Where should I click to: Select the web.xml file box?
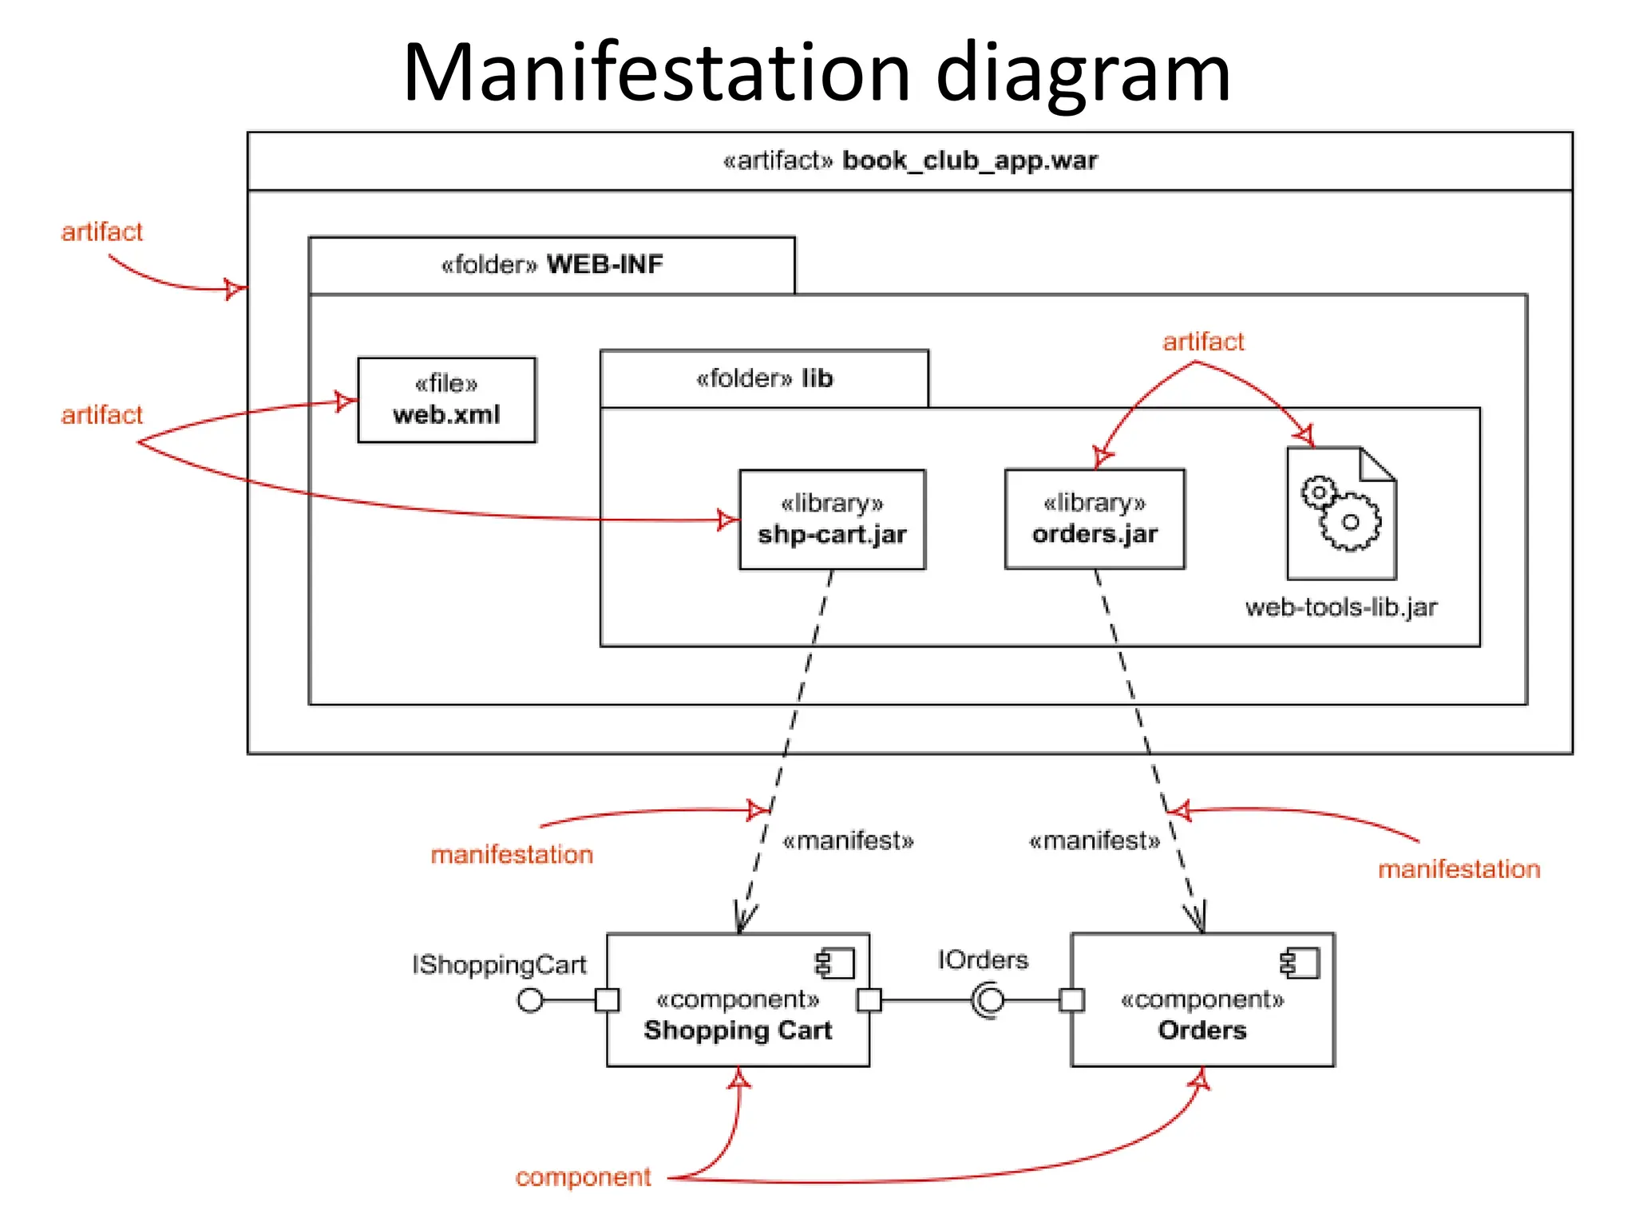tap(446, 400)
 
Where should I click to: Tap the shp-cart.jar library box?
tap(832, 520)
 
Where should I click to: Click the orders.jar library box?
tap(1095, 520)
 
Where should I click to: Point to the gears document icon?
tap(1341, 513)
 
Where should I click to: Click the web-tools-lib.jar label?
tap(1340, 607)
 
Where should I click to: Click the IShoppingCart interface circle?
tap(530, 999)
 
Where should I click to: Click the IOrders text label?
tap(983, 959)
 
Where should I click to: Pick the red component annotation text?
tap(583, 1177)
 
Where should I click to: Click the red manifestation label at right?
tap(1459, 869)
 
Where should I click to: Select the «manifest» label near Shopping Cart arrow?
tap(848, 840)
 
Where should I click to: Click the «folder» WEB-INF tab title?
tap(552, 264)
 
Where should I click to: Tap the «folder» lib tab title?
tap(764, 378)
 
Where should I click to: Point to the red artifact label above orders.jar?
tap(1203, 342)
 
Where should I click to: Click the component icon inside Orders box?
tap(1300, 963)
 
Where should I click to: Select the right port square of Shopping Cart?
tap(869, 999)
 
